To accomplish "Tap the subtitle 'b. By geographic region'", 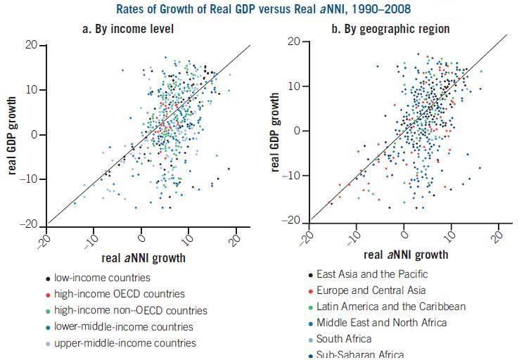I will coord(390,29).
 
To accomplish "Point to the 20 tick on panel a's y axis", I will coord(32,45).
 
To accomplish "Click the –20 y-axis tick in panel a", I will coord(29,224).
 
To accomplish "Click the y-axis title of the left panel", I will coord(13,135).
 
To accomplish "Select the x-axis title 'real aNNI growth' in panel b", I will coord(406,255).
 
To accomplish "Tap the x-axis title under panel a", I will coord(143,258).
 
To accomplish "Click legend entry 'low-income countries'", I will coord(102,278).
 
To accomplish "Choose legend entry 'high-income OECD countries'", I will coord(120,294).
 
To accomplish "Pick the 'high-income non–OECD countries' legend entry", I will coord(131,310).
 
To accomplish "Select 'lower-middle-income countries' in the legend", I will coord(123,326).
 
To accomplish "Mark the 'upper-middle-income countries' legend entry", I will coord(125,343).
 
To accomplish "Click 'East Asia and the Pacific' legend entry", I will coord(372,274).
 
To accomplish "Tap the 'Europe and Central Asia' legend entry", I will coord(371,290).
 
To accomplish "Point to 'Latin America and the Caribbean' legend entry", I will coord(391,307).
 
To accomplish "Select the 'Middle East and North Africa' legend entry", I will coord(381,323).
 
